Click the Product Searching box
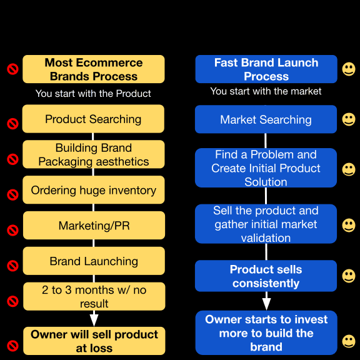[93, 119]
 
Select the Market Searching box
[266, 119]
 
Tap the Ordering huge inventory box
[94, 190]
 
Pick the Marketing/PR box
[94, 225]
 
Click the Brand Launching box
[94, 261]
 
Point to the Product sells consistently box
[266, 276]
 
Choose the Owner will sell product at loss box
[94, 341]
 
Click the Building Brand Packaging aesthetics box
[94, 154]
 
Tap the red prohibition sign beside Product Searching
[12, 124]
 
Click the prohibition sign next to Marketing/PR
[12, 230]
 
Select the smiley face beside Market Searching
[349, 119]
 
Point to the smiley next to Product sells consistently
[349, 276]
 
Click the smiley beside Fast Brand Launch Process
[349, 69]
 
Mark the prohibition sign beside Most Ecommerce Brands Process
[12, 69]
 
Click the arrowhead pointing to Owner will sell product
[94, 320]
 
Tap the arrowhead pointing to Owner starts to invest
[266, 304]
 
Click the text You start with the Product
[93, 94]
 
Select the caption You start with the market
[266, 91]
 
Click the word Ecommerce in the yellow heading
[109, 62]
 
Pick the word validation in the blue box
[266, 238]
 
